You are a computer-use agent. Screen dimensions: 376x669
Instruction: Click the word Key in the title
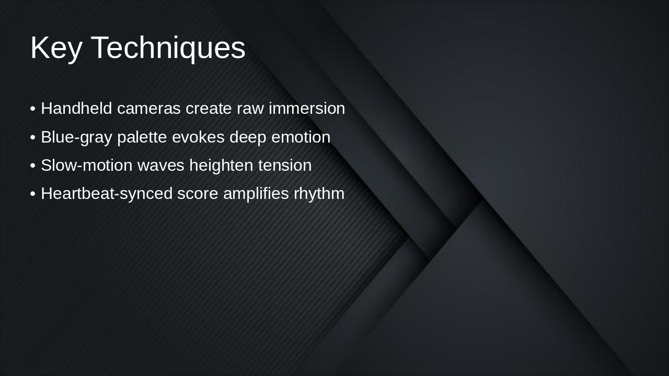click(56, 48)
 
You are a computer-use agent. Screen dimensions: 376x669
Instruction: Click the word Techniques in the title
click(168, 48)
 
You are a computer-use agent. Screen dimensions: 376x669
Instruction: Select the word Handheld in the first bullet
click(76, 109)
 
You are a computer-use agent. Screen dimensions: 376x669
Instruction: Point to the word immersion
click(307, 109)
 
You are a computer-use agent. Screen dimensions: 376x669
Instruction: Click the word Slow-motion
click(87, 166)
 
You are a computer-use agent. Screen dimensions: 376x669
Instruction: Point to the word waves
click(161, 166)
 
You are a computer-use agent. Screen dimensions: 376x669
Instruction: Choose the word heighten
click(222, 166)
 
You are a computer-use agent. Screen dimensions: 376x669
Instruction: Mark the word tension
click(285, 166)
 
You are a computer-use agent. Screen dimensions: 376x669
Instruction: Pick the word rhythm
click(319, 194)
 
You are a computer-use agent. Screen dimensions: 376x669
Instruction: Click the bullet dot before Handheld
click(33, 109)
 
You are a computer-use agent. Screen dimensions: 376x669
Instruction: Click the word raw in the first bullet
click(250, 109)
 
